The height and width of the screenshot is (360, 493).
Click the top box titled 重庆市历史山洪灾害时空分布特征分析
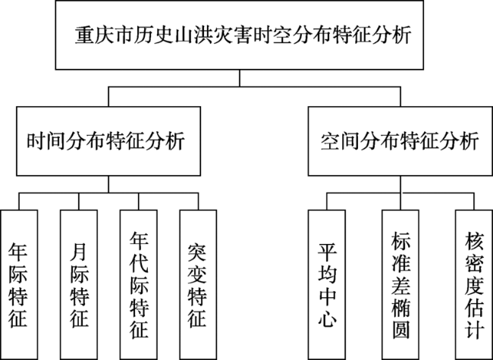pos(239,35)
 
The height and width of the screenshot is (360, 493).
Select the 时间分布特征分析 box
pos(108,141)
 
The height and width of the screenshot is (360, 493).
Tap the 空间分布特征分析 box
pos(400,141)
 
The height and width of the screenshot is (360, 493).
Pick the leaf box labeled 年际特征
pos(19,285)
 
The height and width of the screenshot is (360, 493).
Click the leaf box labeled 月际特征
pos(79,285)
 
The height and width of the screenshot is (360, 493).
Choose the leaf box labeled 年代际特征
pos(138,285)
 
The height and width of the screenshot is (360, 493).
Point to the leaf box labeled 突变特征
pos(198,285)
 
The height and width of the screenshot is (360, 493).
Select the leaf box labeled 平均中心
pos(327,285)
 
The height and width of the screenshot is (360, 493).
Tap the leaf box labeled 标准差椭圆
pos(400,285)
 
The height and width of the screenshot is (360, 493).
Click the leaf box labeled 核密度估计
pos(474,285)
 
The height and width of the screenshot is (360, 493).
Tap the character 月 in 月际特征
pos(79,251)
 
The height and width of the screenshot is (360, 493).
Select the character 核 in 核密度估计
pos(474,241)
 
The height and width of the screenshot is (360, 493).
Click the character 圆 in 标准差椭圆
pos(400,329)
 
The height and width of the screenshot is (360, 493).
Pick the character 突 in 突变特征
pos(197,251)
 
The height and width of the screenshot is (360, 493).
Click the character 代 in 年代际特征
pos(139,264)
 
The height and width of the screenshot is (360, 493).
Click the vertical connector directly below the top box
pos(239,78)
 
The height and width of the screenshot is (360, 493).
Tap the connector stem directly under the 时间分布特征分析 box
pos(108,184)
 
